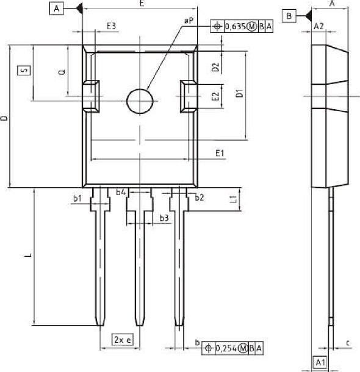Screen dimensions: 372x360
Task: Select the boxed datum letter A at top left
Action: [x=57, y=9]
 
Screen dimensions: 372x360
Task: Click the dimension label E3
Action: [x=111, y=26]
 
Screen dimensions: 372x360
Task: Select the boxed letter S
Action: [x=23, y=71]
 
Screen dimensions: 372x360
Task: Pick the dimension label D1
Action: [x=240, y=94]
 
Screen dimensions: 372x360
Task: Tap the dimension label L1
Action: [x=233, y=199]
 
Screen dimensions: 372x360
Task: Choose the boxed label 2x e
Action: [x=122, y=339]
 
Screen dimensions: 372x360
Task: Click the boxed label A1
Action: [x=320, y=363]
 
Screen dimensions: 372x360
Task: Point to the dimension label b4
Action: [x=121, y=193]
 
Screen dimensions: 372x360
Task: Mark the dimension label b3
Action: [x=164, y=218]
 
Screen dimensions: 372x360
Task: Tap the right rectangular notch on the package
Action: [x=187, y=96]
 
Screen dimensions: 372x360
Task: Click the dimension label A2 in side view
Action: [x=318, y=27]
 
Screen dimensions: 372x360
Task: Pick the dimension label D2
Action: [x=215, y=67]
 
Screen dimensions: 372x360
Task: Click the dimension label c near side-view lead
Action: [x=347, y=343]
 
